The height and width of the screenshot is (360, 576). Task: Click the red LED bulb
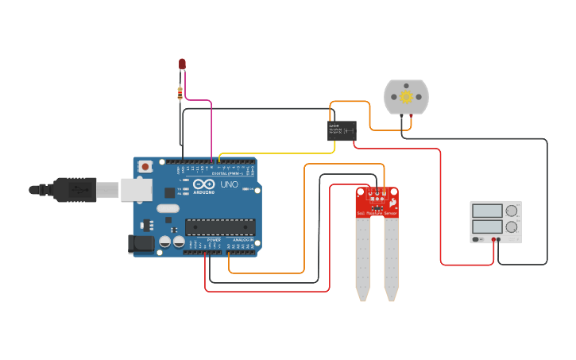[182, 64]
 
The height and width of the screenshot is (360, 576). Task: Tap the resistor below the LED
[180, 93]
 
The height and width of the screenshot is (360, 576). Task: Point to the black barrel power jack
[141, 244]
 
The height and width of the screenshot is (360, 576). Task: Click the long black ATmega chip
[220, 227]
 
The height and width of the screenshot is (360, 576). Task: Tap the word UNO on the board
[229, 184]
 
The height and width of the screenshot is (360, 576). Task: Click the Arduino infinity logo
[203, 184]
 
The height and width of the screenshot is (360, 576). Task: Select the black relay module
[342, 130]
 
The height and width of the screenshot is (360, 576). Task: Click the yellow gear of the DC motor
[406, 97]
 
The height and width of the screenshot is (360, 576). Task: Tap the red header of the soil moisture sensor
[377, 203]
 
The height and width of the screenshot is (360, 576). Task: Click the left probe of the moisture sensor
[362, 258]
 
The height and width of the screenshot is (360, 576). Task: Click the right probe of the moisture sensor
[391, 258]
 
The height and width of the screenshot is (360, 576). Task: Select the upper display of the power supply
[486, 211]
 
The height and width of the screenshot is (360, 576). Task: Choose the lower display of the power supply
[486, 227]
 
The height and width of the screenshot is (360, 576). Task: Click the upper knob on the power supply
[512, 211]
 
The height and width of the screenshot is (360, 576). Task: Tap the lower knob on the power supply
[512, 227]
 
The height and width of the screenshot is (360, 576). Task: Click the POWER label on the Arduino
[214, 239]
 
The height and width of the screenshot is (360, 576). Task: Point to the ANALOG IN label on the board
[242, 239]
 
